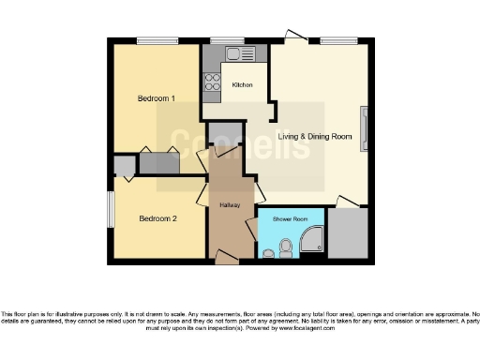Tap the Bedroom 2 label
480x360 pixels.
tap(157, 219)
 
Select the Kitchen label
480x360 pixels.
tap(243, 84)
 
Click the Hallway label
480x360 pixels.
tap(230, 204)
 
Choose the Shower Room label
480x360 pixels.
tap(290, 219)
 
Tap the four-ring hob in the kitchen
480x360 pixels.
tap(212, 80)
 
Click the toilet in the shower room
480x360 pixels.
tap(269, 252)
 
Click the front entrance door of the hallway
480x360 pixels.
tap(226, 255)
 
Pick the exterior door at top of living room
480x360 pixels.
tap(295, 38)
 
